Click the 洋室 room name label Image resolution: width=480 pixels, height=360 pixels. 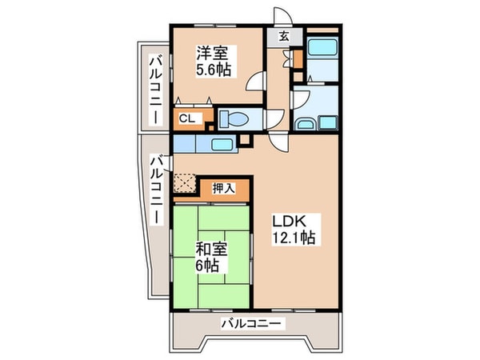(213, 53)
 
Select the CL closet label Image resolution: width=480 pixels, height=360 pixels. (186, 118)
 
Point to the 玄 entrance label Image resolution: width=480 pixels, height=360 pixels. (284, 36)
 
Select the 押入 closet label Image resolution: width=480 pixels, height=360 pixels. (223, 189)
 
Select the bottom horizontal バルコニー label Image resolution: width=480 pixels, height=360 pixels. (251, 324)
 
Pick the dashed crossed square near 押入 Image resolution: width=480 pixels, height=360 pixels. (186, 186)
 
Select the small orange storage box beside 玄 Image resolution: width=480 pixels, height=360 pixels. (298, 58)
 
